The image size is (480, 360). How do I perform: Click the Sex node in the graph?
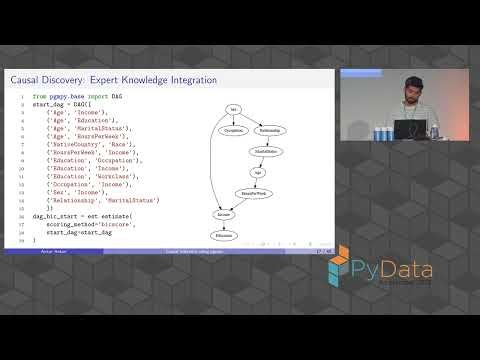233,108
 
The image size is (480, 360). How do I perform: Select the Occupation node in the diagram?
233,130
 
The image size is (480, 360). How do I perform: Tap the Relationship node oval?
270,130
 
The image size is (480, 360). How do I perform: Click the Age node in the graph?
256,172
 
